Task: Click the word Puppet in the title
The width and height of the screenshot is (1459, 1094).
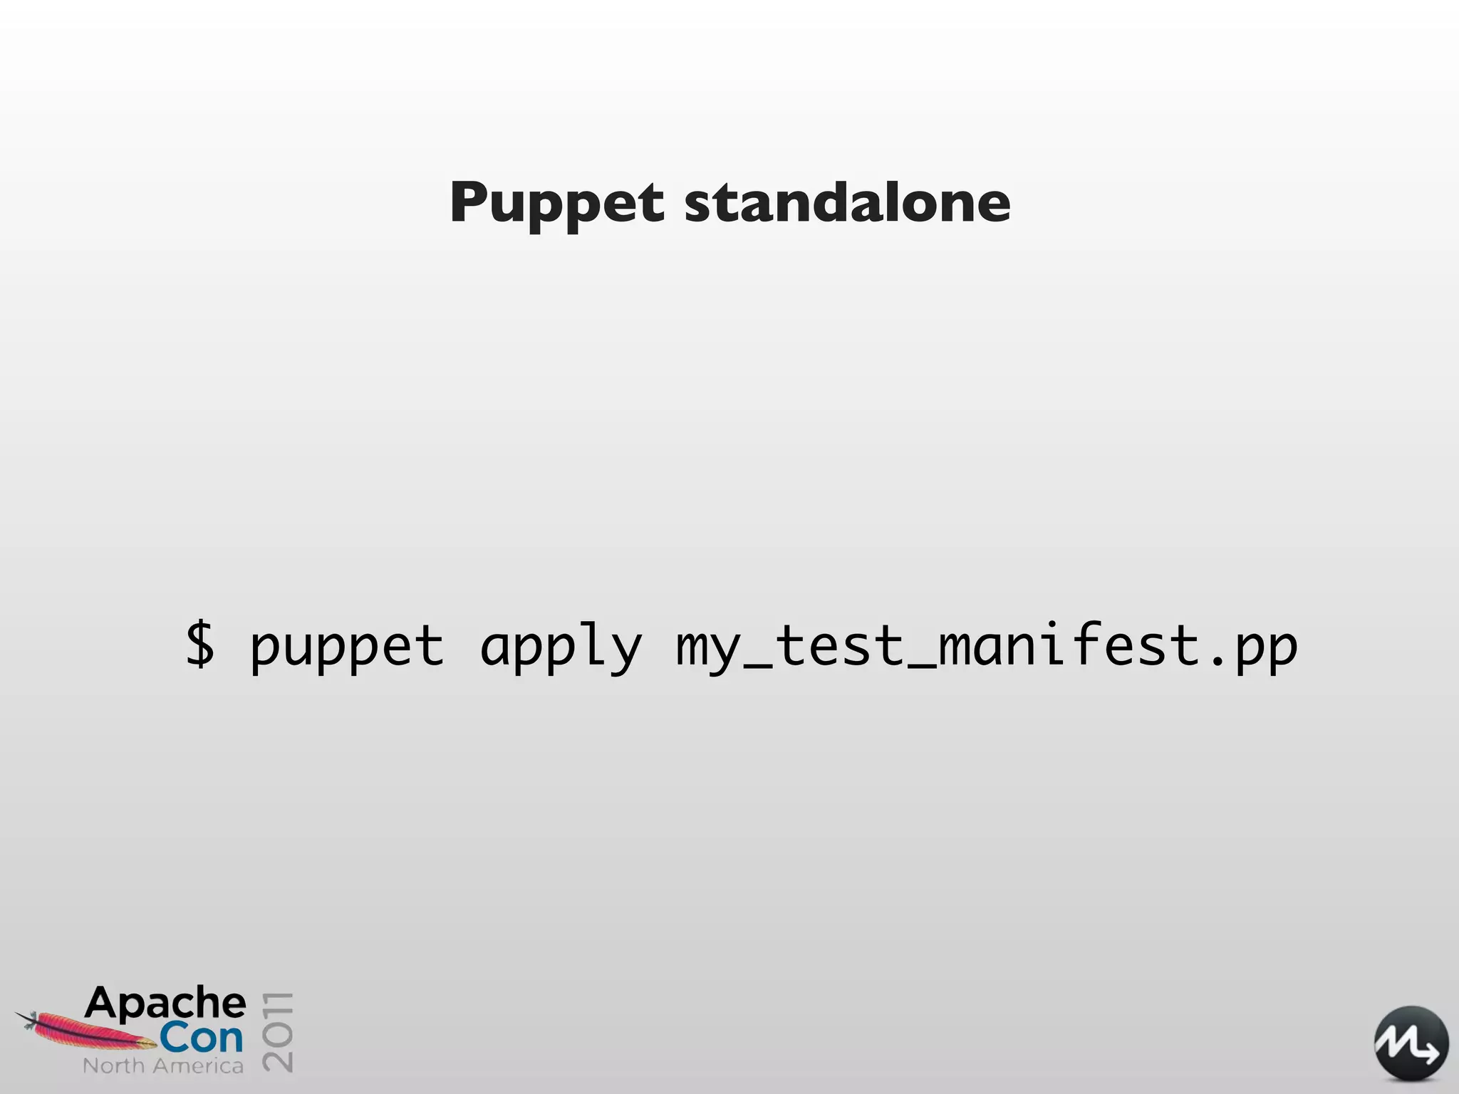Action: click(556, 204)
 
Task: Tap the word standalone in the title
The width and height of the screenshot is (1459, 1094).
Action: click(847, 202)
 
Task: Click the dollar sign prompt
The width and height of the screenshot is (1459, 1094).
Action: click(199, 645)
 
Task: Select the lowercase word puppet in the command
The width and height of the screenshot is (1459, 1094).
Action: click(347, 647)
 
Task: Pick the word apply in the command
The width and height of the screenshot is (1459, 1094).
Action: click(561, 647)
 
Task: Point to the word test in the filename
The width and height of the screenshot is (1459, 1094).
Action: click(840, 645)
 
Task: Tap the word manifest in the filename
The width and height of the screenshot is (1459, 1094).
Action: click(1069, 645)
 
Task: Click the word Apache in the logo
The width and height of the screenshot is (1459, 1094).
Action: click(165, 1003)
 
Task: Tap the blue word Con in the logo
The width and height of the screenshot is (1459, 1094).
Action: click(201, 1038)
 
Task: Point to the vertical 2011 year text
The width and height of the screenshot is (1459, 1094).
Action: click(278, 1031)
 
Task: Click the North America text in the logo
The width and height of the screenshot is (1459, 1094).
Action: click(163, 1066)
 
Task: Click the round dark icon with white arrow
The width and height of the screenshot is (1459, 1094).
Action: click(1411, 1043)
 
